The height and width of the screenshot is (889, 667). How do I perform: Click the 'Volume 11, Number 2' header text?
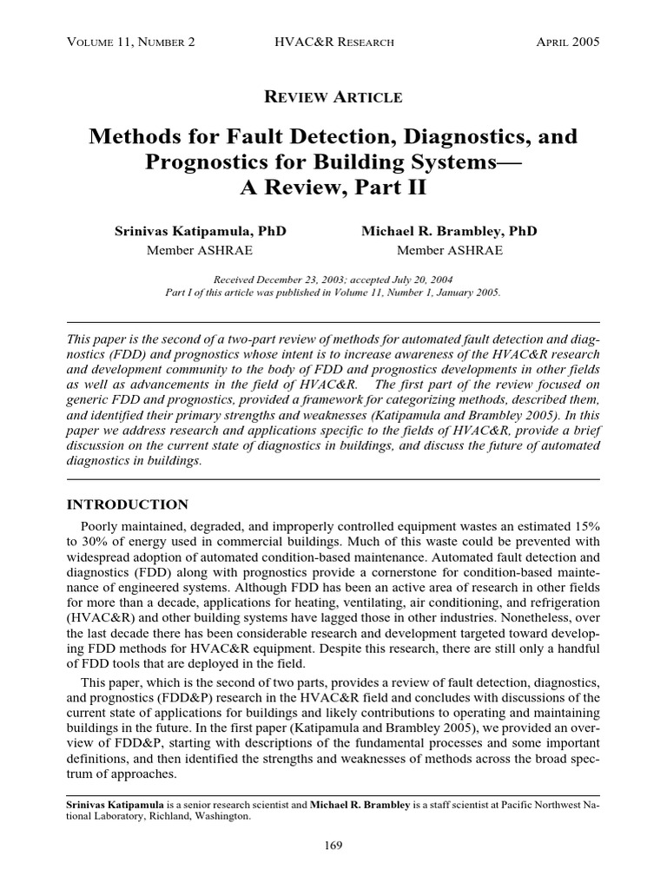130,41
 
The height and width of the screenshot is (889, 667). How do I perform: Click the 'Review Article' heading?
333,96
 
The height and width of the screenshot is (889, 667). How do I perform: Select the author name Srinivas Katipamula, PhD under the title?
201,232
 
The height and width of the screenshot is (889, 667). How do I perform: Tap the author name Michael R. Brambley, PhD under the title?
449,232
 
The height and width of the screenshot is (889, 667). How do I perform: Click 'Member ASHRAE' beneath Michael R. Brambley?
449,251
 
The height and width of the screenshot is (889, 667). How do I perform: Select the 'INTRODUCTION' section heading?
128,504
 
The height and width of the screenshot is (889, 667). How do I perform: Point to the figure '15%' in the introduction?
581,526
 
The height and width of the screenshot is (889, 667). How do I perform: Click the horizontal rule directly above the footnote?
333,795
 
